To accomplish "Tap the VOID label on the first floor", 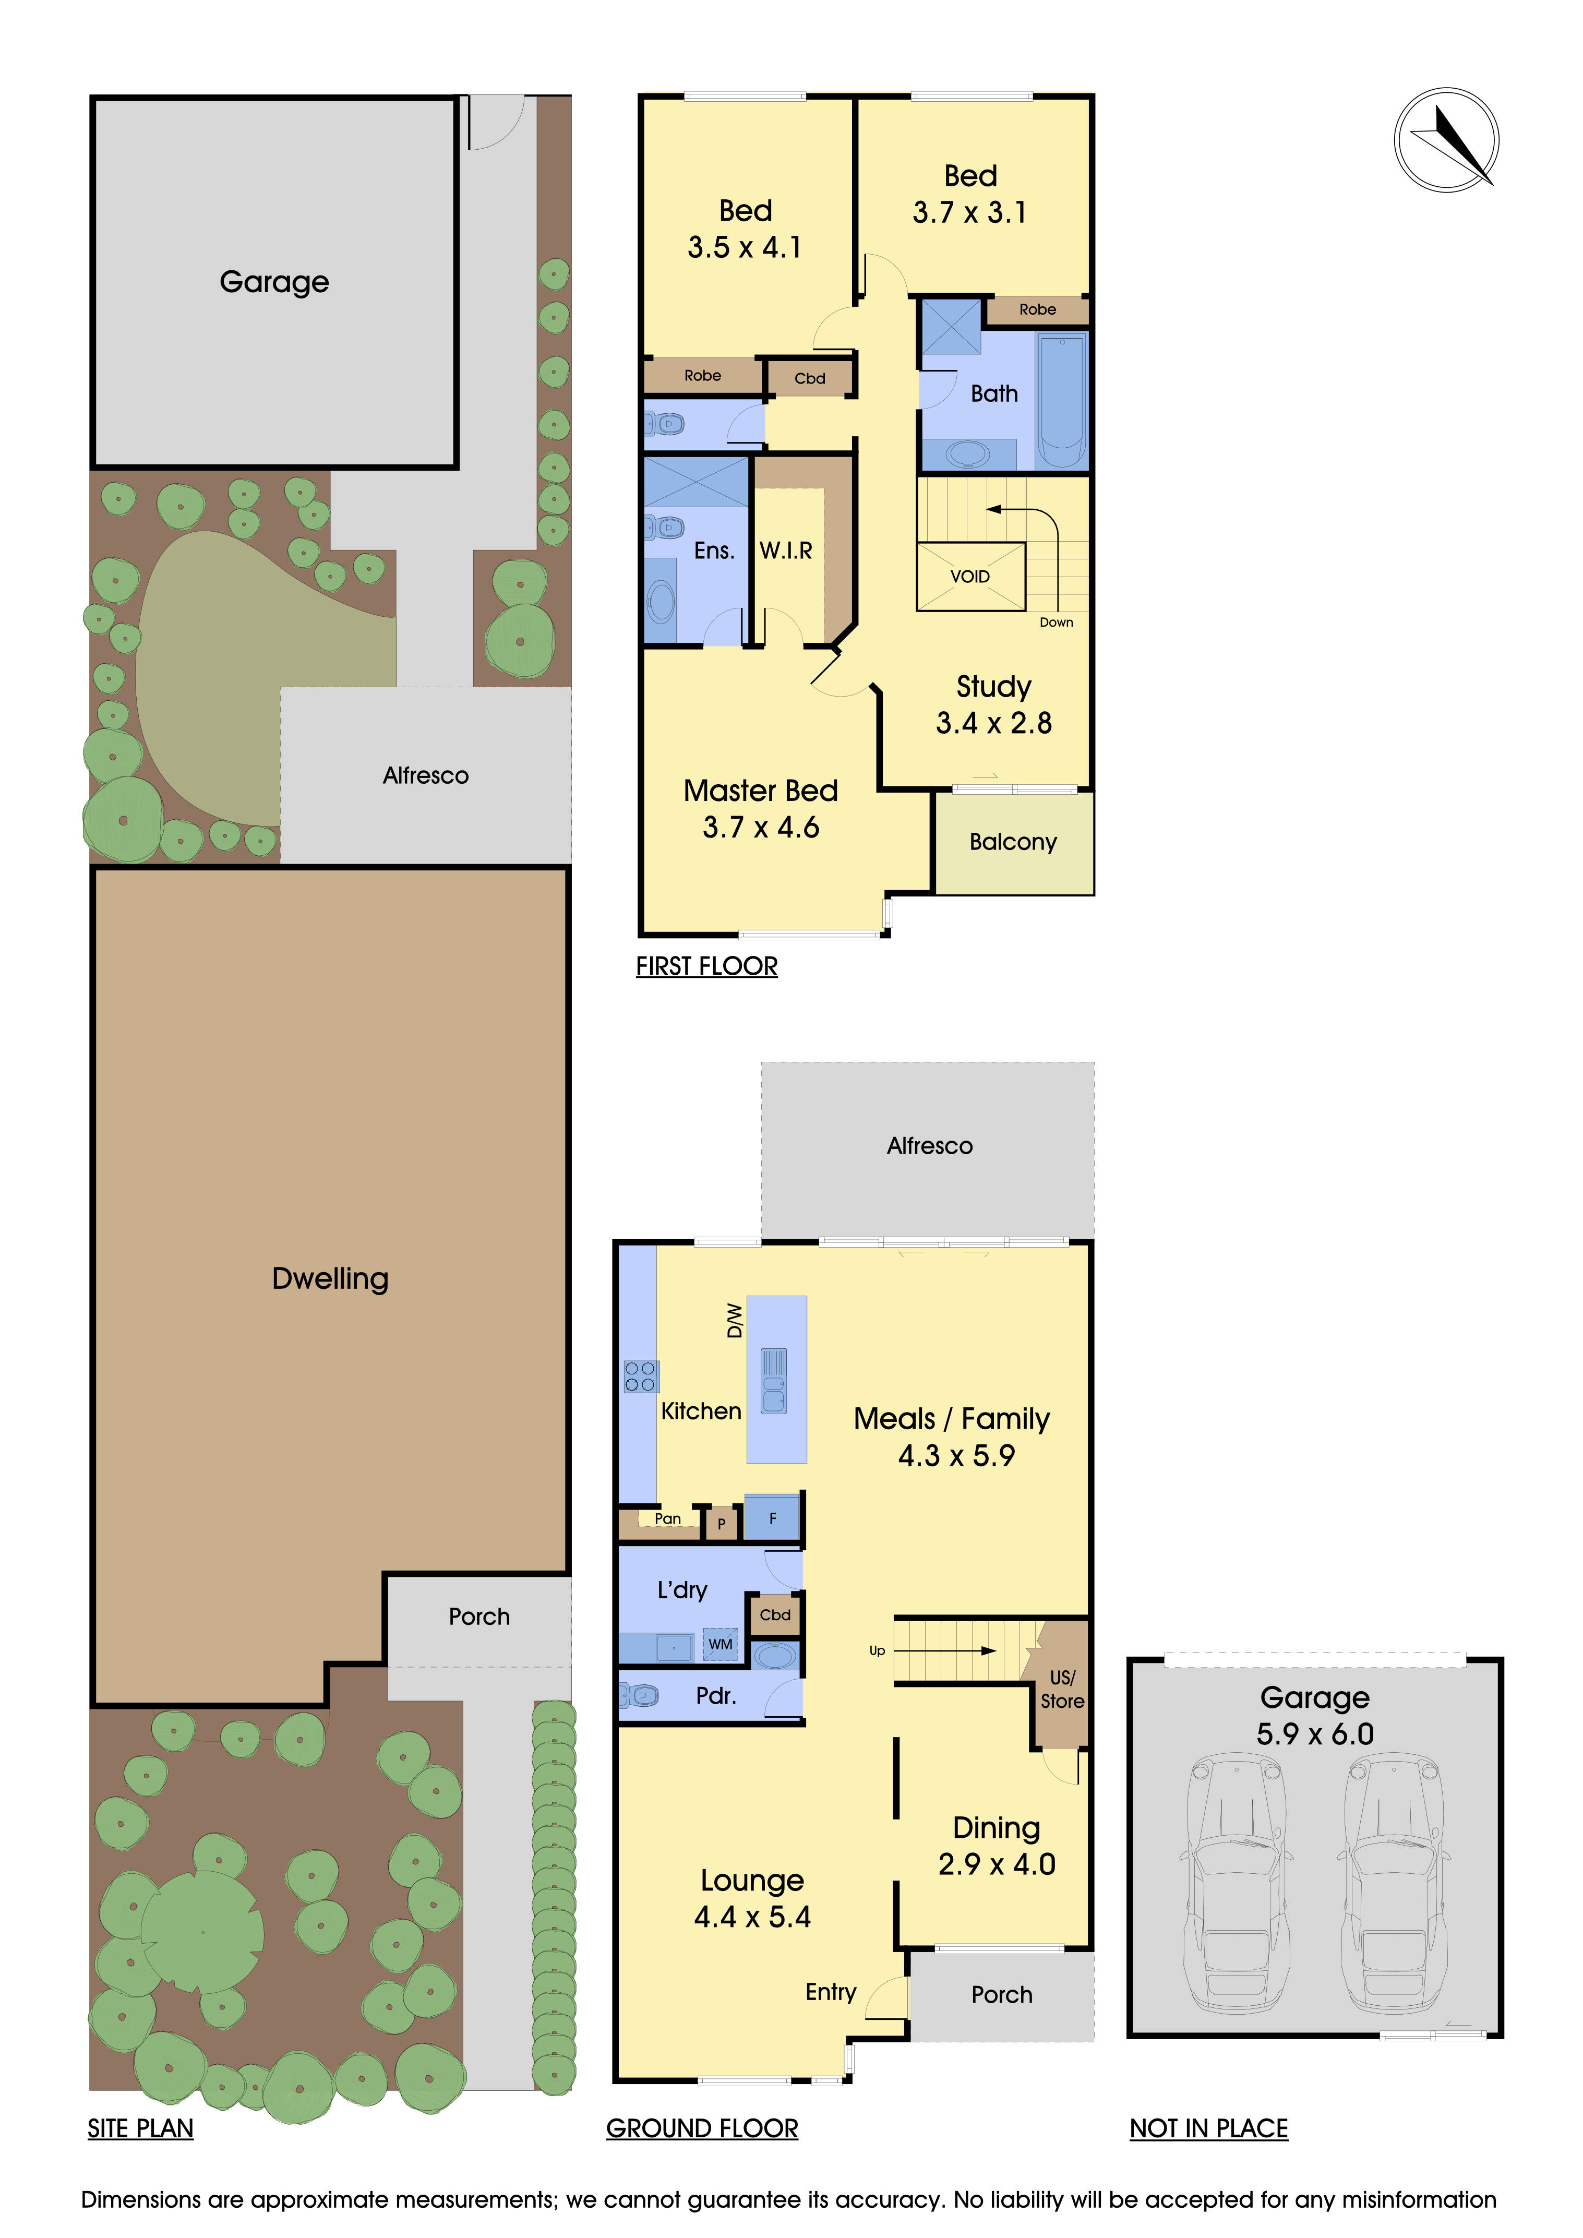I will [970, 577].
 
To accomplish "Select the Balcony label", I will [1013, 842].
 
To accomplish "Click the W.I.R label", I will [786, 550].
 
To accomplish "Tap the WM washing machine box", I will [721, 1644].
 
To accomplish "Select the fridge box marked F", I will [772, 1518].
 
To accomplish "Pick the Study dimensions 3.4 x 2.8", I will [993, 723].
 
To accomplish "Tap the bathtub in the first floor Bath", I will [1061, 400].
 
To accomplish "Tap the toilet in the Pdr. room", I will [640, 1696].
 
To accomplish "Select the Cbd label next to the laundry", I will [775, 1615].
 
